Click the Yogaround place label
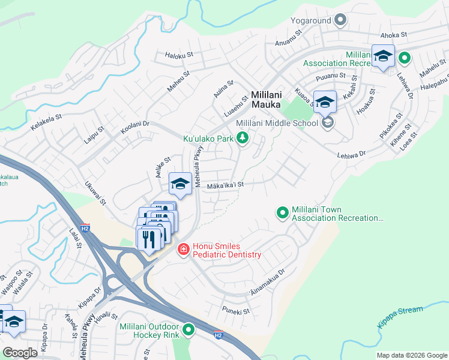[312, 20]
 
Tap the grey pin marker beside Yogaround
[341, 20]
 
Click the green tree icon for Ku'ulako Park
[243, 139]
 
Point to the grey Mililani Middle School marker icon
[327, 123]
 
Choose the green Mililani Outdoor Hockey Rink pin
[189, 330]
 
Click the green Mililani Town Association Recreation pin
[282, 213]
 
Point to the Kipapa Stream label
[400, 317]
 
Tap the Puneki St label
[235, 311]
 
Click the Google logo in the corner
[20, 353]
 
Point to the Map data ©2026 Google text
[411, 355]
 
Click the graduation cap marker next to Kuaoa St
[325, 102]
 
